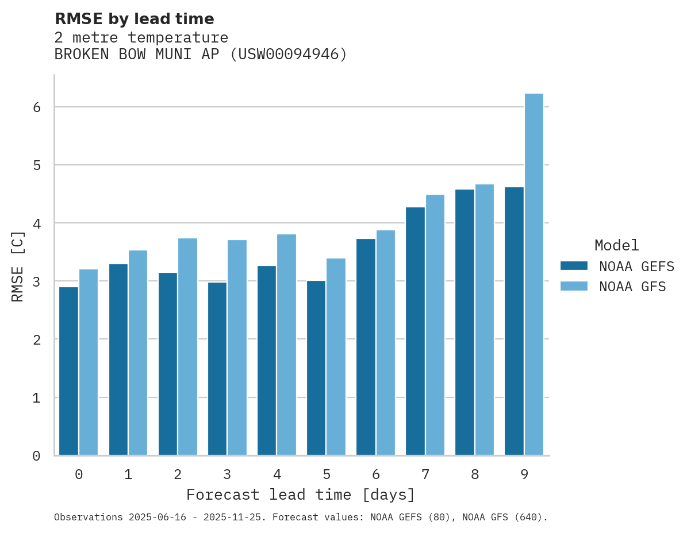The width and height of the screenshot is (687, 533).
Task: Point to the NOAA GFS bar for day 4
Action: [x=286, y=345]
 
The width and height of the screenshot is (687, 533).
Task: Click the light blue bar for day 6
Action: [x=385, y=342]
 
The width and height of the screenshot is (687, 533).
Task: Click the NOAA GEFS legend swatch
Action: [x=574, y=266]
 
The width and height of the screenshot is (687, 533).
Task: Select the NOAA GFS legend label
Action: [x=632, y=287]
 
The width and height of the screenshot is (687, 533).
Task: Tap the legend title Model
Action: [x=616, y=245]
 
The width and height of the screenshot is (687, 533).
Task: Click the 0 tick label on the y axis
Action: [x=36, y=456]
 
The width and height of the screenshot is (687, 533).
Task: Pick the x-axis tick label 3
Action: [x=227, y=474]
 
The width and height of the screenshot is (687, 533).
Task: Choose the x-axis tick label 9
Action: [x=524, y=474]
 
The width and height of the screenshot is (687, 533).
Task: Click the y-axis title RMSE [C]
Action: [x=18, y=266]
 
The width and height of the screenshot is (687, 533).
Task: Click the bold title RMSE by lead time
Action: [x=134, y=19]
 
